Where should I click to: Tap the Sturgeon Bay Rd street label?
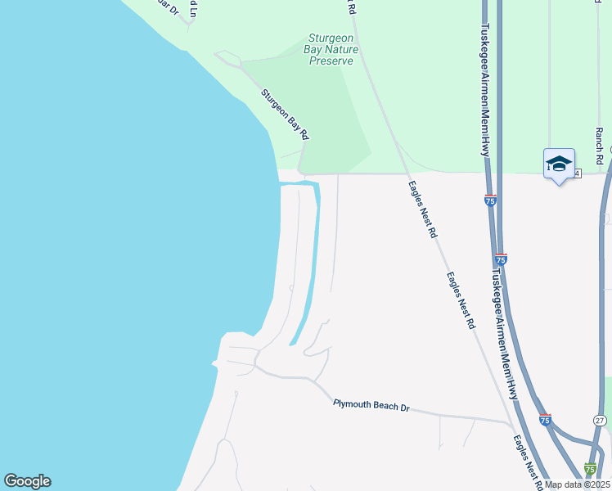[x=285, y=113]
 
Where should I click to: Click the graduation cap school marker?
[x=560, y=164]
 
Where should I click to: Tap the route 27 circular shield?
[x=600, y=420]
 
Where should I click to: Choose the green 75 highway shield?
[x=590, y=469]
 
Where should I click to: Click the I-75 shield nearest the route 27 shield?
[x=546, y=420]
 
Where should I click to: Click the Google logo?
[x=27, y=481]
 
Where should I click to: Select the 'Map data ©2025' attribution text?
[x=577, y=484]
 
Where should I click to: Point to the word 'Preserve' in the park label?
[x=332, y=61]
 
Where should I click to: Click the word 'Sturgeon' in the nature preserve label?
[x=330, y=38]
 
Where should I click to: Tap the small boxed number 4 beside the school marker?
[x=578, y=173]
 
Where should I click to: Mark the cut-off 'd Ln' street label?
[x=193, y=8]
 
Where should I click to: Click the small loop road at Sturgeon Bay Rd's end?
[x=227, y=58]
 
